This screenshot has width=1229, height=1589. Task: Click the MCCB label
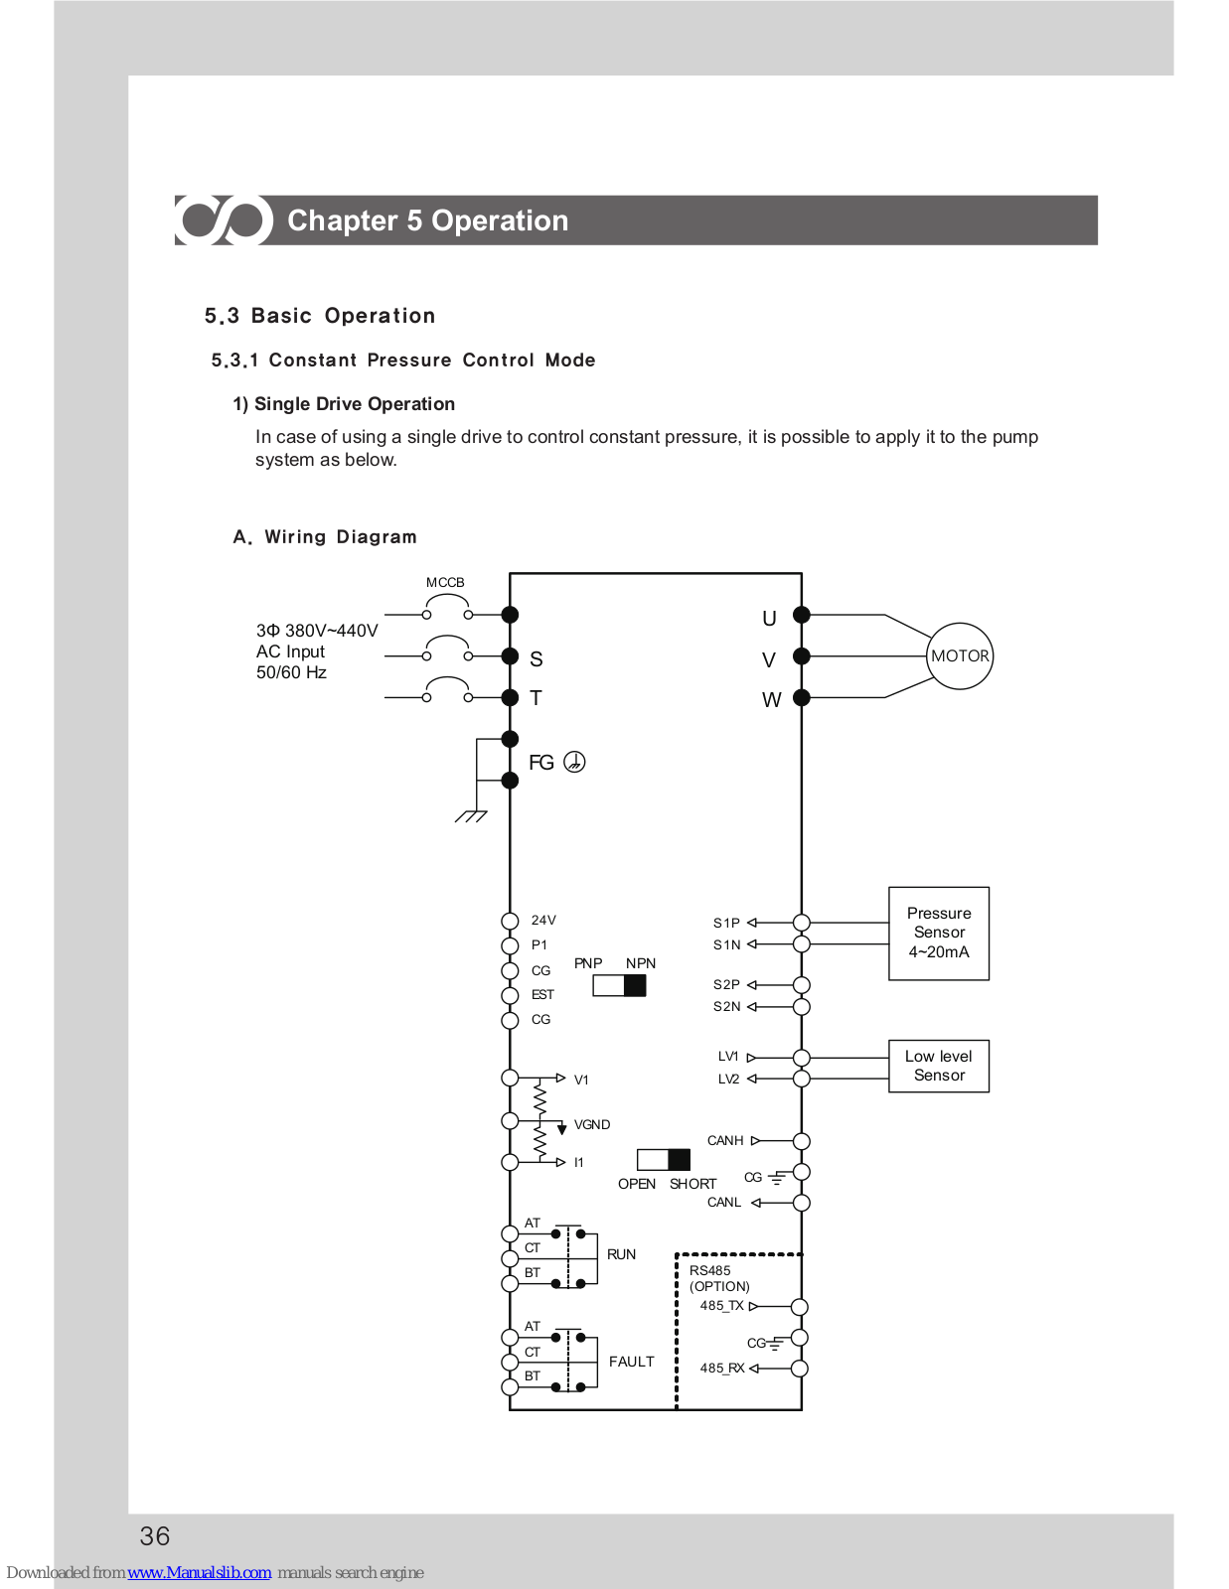click(x=445, y=582)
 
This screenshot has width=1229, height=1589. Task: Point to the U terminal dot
click(x=802, y=615)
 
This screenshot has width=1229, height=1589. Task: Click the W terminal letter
click(x=771, y=700)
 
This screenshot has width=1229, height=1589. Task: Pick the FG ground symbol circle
click(x=574, y=762)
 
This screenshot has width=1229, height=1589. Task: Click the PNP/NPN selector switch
click(x=619, y=986)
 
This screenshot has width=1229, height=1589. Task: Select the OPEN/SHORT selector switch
click(x=663, y=1160)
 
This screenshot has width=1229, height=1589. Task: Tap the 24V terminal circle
click(x=510, y=921)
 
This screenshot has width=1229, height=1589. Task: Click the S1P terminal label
click(x=726, y=923)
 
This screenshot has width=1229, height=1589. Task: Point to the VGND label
click(x=592, y=1124)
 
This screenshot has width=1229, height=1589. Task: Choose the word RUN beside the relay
click(x=621, y=1254)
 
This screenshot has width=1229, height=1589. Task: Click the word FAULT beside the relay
click(x=631, y=1362)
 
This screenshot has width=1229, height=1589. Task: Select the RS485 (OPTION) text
click(x=719, y=1278)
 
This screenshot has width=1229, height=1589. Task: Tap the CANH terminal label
click(x=725, y=1141)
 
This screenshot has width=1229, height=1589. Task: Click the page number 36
click(x=155, y=1535)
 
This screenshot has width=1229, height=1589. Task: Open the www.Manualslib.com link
click(x=199, y=1572)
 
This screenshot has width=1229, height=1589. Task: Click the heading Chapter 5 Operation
click(x=428, y=220)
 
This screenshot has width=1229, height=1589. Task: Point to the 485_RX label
click(x=722, y=1369)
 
